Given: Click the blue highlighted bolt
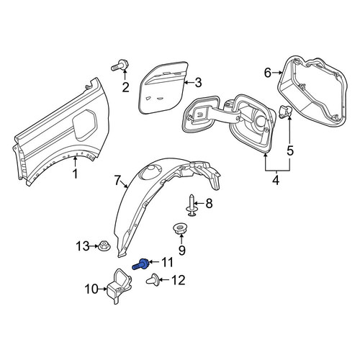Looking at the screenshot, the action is (x=141, y=265).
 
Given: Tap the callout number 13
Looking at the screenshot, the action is (x=84, y=246).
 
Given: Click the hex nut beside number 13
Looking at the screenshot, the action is (x=104, y=246).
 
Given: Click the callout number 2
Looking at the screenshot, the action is (x=125, y=87).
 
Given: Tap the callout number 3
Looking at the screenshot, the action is (x=198, y=83).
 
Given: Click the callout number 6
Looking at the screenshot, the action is (x=268, y=73).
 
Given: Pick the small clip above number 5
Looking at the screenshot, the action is (x=284, y=111).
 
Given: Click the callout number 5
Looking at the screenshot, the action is (x=290, y=150).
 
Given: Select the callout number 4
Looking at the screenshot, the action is (x=276, y=180).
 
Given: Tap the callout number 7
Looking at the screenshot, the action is (x=117, y=181).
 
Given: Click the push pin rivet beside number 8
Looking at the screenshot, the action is (x=192, y=205).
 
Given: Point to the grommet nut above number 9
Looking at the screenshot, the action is (x=180, y=229).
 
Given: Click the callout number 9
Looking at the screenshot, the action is (x=181, y=251).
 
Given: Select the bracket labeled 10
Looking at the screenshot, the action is (x=120, y=286).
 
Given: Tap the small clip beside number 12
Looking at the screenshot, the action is (x=152, y=279).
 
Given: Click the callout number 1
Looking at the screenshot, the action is (x=76, y=174).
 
